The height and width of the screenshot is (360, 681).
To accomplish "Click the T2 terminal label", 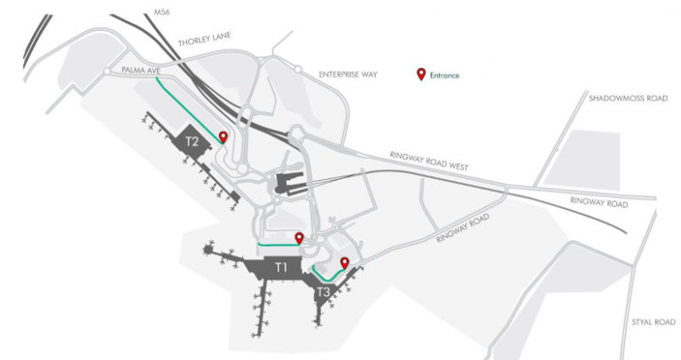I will [192, 141].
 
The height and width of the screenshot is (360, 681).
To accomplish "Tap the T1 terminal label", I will [281, 267].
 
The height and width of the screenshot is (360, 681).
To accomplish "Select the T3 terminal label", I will [324, 291].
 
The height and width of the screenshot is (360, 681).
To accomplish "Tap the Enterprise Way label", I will [348, 75].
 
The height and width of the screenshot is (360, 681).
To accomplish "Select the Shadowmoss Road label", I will [627, 98].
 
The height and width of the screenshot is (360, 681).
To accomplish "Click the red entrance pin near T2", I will [223, 137].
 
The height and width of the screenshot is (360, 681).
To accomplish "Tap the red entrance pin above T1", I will [299, 237].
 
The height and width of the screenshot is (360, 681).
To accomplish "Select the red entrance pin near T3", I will [344, 262].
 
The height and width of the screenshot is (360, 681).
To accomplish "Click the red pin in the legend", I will [421, 74].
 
